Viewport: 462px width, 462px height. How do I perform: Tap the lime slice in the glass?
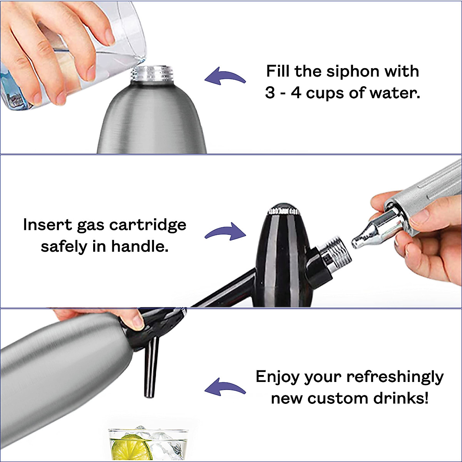click(131, 448)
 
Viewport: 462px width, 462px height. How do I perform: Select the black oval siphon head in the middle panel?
click(283, 254)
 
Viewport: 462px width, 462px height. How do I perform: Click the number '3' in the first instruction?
click(270, 93)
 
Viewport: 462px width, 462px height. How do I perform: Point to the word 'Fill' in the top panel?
click(278, 72)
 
